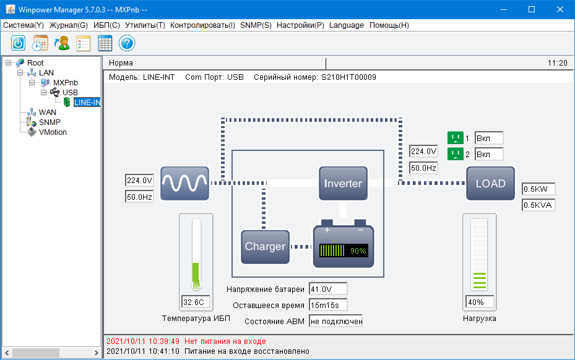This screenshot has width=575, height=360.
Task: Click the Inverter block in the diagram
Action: pyautogui.click(x=343, y=183)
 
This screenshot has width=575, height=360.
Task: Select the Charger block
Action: pyautogui.click(x=265, y=246)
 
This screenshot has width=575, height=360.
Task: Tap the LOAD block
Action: pyautogui.click(x=490, y=183)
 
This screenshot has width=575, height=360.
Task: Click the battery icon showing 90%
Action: pyautogui.click(x=343, y=247)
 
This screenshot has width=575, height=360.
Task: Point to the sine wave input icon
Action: pyautogui.click(x=184, y=183)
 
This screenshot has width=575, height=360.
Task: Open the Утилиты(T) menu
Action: pyautogui.click(x=145, y=25)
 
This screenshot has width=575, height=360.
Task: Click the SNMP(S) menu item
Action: pyautogui.click(x=256, y=25)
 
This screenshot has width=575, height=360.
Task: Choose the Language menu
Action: pyautogui.click(x=347, y=25)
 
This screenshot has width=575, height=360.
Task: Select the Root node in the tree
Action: pyautogui.click(x=35, y=62)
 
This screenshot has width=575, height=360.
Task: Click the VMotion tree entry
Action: pyautogui.click(x=53, y=132)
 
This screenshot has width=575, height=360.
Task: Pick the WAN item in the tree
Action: pyautogui.click(x=48, y=112)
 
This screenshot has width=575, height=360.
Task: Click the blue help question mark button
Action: pyautogui.click(x=127, y=43)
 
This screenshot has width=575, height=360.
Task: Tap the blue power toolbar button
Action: pyautogui.click(x=19, y=43)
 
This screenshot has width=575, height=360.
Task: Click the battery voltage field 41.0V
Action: pyautogui.click(x=327, y=289)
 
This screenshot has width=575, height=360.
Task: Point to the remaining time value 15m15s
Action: pyautogui.click(x=327, y=305)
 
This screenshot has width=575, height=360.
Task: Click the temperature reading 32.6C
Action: pyautogui.click(x=196, y=302)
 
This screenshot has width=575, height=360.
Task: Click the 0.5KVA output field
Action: pyautogui.click(x=538, y=205)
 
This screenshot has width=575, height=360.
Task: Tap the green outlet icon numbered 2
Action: pyautogui.click(x=455, y=154)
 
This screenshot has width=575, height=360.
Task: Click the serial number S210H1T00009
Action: pyautogui.click(x=348, y=77)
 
